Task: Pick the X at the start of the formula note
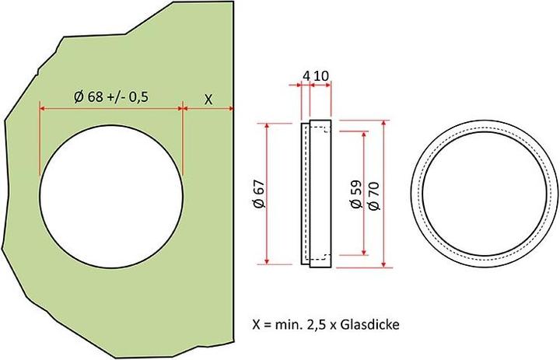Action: click(x=257, y=324)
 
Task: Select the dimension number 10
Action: click(x=321, y=75)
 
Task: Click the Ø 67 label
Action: click(x=260, y=194)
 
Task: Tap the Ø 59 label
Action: click(x=355, y=194)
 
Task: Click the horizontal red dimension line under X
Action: click(x=208, y=109)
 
